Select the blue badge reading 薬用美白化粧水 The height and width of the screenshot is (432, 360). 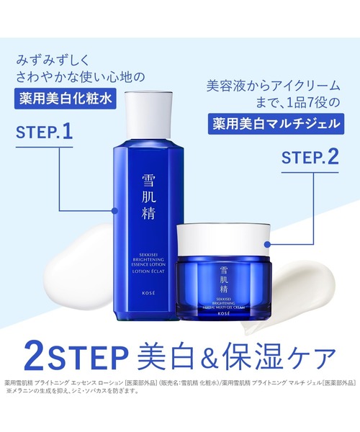[70, 99]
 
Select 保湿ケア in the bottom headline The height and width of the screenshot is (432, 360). [290, 359]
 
